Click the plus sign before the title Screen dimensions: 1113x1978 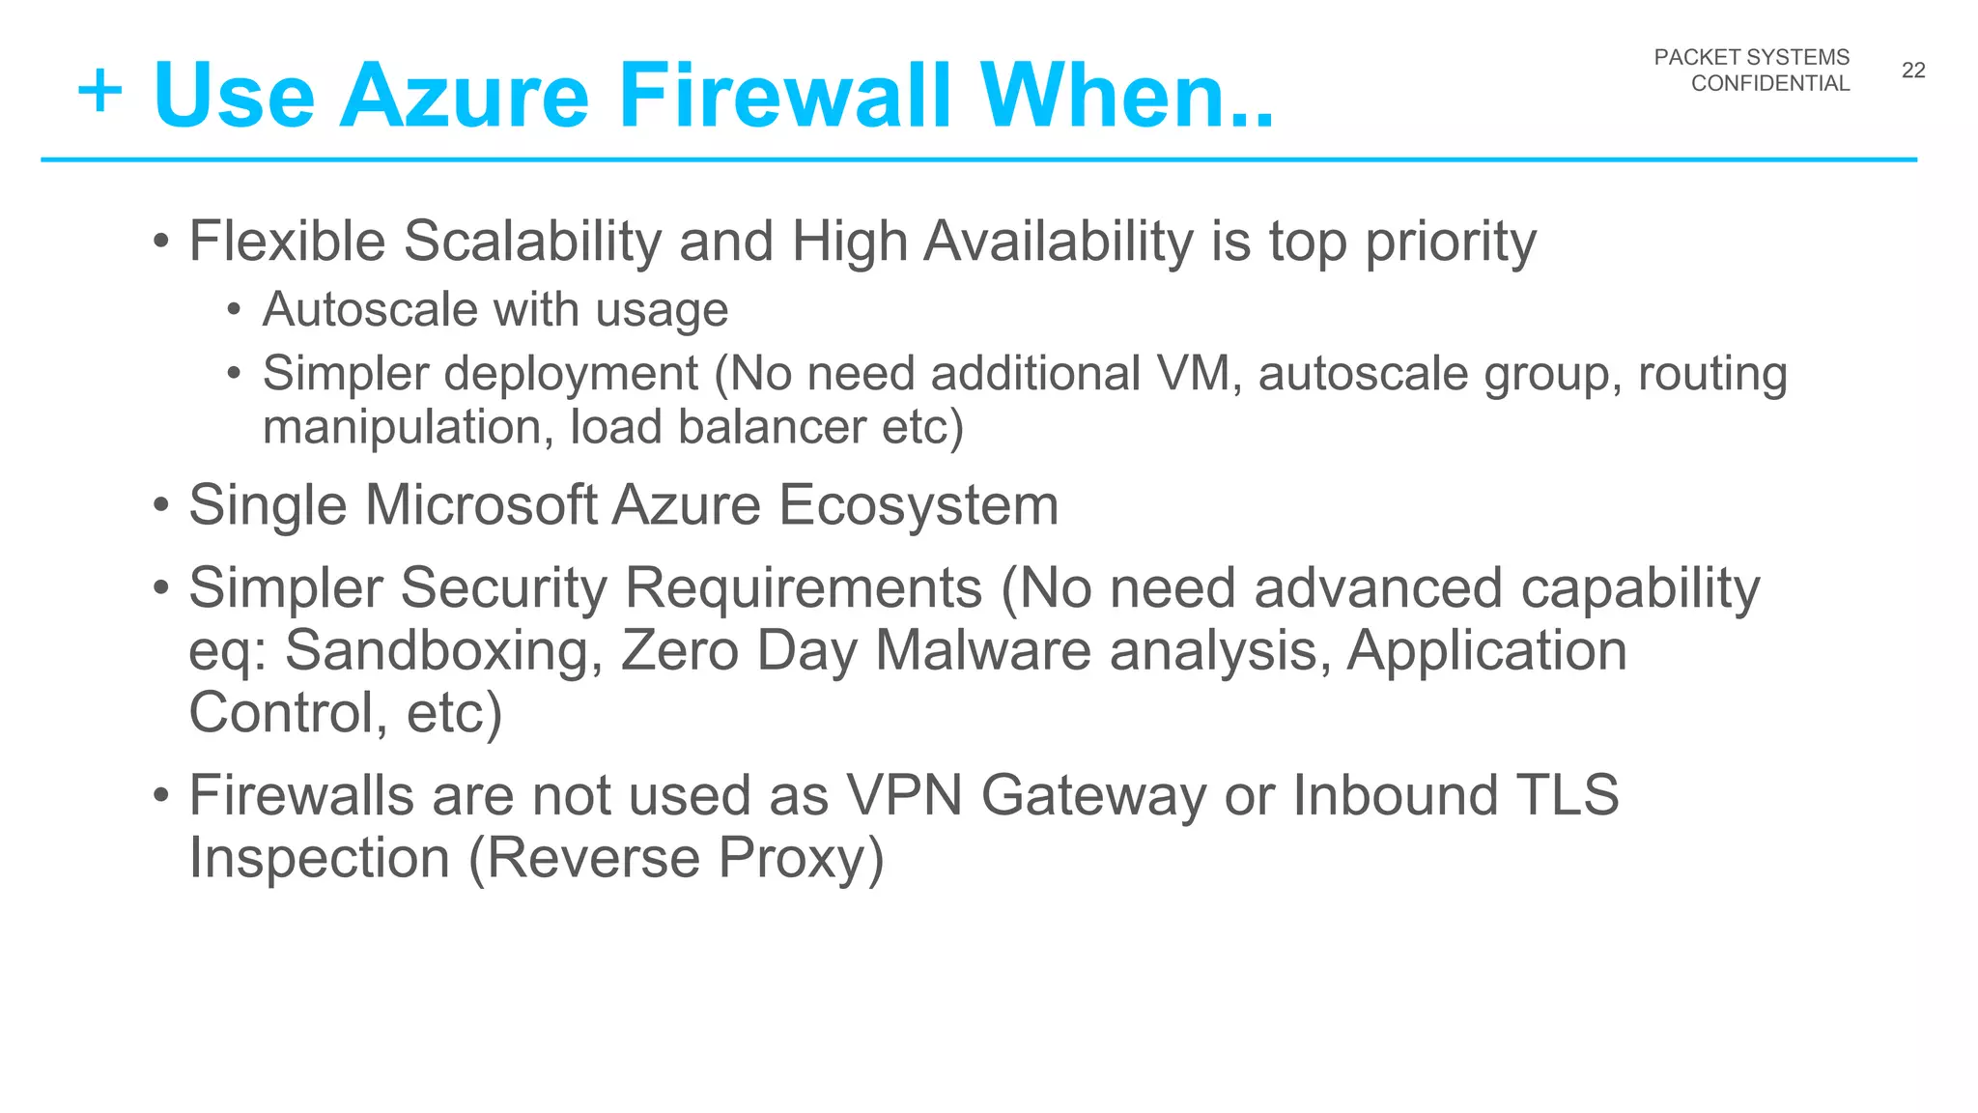click(100, 94)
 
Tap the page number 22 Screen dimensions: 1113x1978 click(1913, 71)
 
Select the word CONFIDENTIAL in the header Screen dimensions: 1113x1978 click(1769, 84)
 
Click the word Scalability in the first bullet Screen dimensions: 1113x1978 click(531, 242)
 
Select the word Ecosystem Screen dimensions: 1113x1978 click(918, 505)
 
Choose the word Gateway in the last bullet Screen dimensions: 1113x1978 click(1093, 796)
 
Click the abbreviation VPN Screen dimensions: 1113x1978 click(904, 796)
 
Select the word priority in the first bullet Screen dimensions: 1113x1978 click(1450, 242)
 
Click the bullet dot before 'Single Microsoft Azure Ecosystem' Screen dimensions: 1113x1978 click(161, 505)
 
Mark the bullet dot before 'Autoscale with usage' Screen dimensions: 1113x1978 click(233, 310)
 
